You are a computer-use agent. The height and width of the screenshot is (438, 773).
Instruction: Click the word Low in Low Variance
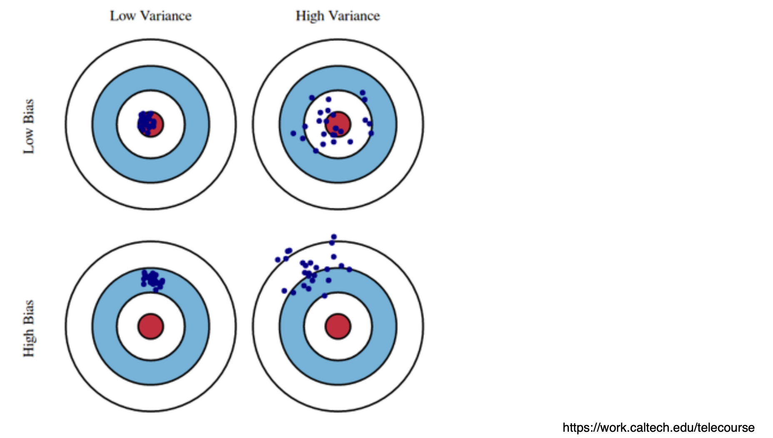tap(122, 16)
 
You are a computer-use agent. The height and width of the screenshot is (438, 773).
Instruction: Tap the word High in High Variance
tap(310, 16)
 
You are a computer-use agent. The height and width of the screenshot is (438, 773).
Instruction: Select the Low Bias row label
tap(28, 126)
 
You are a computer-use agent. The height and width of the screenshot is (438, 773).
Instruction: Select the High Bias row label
tap(28, 328)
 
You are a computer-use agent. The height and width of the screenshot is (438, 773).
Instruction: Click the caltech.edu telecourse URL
tap(658, 428)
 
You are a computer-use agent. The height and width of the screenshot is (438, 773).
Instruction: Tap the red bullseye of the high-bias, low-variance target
tap(151, 326)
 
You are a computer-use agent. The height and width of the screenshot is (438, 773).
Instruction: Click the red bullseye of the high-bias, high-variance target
tap(338, 326)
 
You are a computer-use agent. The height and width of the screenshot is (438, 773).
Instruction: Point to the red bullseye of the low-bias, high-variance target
tap(338, 124)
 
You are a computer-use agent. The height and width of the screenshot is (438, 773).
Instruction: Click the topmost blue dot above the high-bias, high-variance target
tap(334, 237)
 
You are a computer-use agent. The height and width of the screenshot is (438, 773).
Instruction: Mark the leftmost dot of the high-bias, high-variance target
tap(278, 259)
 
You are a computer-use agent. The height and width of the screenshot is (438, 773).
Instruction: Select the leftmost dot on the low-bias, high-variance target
tap(293, 133)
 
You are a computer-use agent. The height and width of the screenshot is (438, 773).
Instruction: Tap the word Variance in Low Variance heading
tap(166, 16)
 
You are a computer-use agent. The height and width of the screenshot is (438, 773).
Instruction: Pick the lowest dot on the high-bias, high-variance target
tap(324, 296)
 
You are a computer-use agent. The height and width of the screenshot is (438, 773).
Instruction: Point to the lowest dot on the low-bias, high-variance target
tap(316, 151)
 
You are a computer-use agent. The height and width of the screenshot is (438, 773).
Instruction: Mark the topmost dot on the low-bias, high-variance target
tap(362, 93)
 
